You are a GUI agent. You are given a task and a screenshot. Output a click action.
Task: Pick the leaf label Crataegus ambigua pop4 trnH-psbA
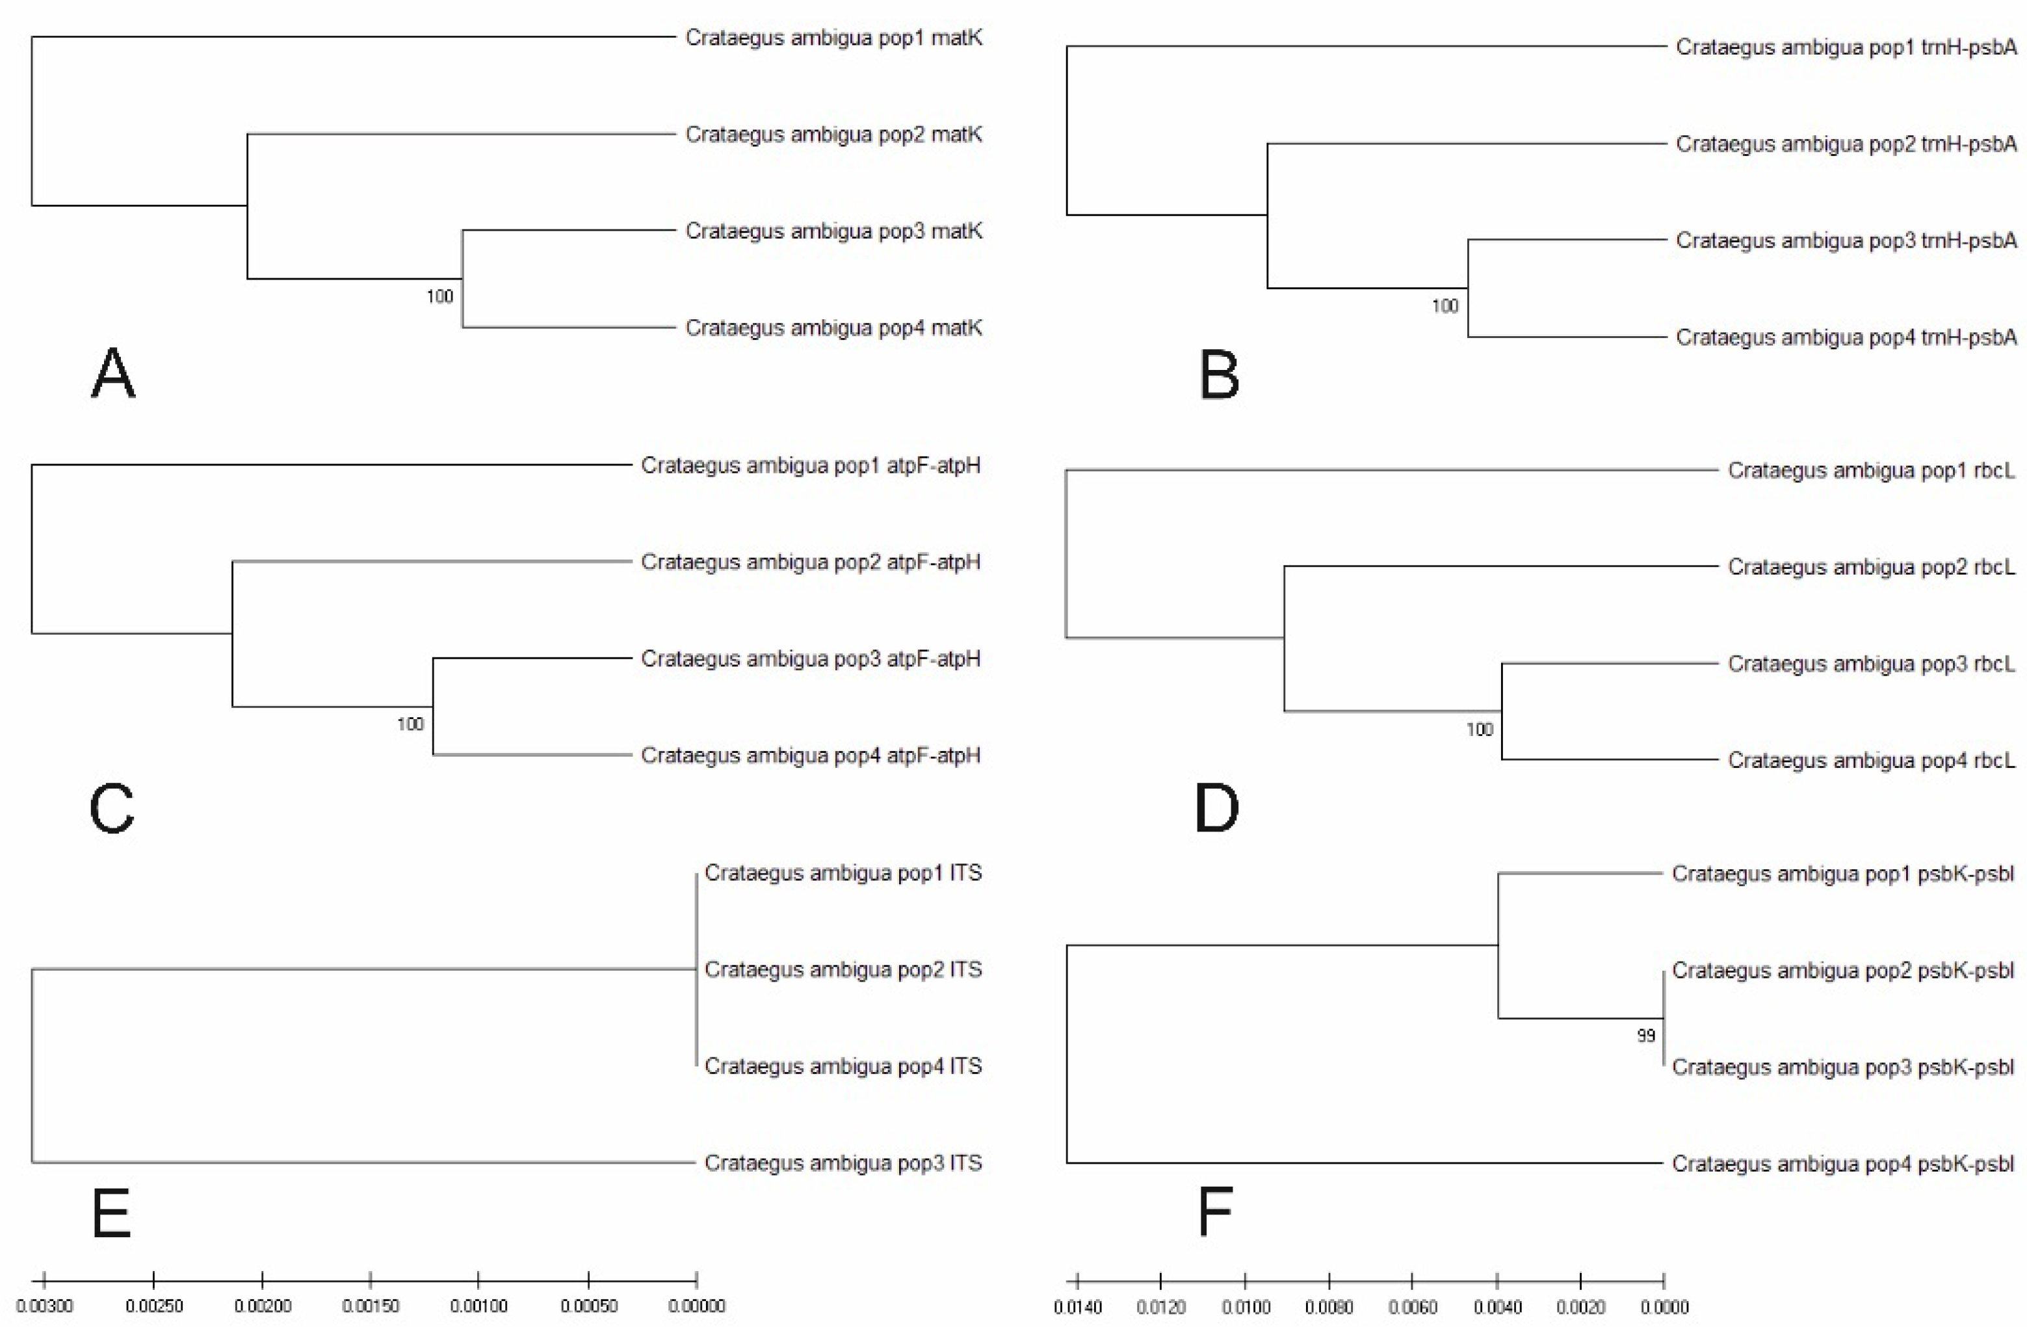1846,337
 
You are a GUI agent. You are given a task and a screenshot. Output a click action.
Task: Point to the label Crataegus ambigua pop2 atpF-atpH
810,562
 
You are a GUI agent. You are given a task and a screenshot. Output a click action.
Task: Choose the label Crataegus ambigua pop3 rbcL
1871,663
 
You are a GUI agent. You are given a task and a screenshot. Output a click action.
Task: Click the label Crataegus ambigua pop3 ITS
843,1163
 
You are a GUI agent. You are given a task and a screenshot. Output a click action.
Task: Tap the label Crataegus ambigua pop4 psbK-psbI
1842,1163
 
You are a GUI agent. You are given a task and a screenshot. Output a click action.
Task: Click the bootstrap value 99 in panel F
1645,1036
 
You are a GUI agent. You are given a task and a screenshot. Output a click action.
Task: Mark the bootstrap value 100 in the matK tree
439,296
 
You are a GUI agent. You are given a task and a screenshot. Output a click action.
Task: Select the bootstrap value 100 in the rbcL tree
1480,729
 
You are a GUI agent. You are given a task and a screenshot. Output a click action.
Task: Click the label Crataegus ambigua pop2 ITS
843,969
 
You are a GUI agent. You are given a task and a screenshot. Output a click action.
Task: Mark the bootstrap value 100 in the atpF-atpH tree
410,724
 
